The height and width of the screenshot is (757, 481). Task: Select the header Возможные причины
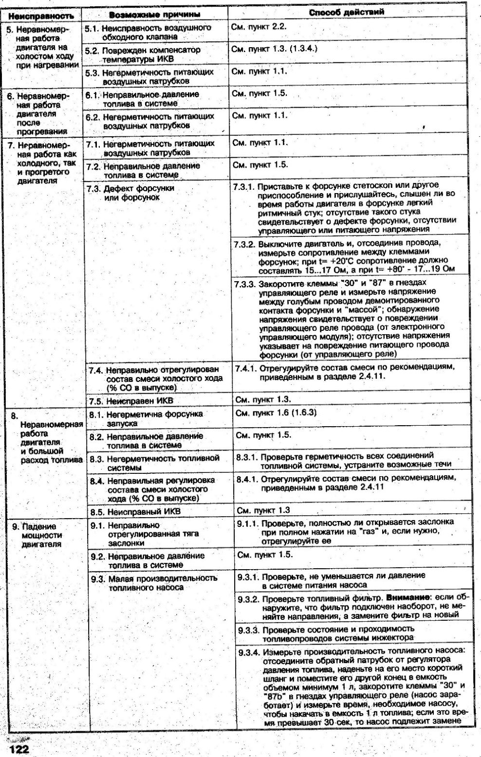pyautogui.click(x=155, y=15)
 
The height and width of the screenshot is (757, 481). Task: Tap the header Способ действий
pyautogui.click(x=353, y=12)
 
